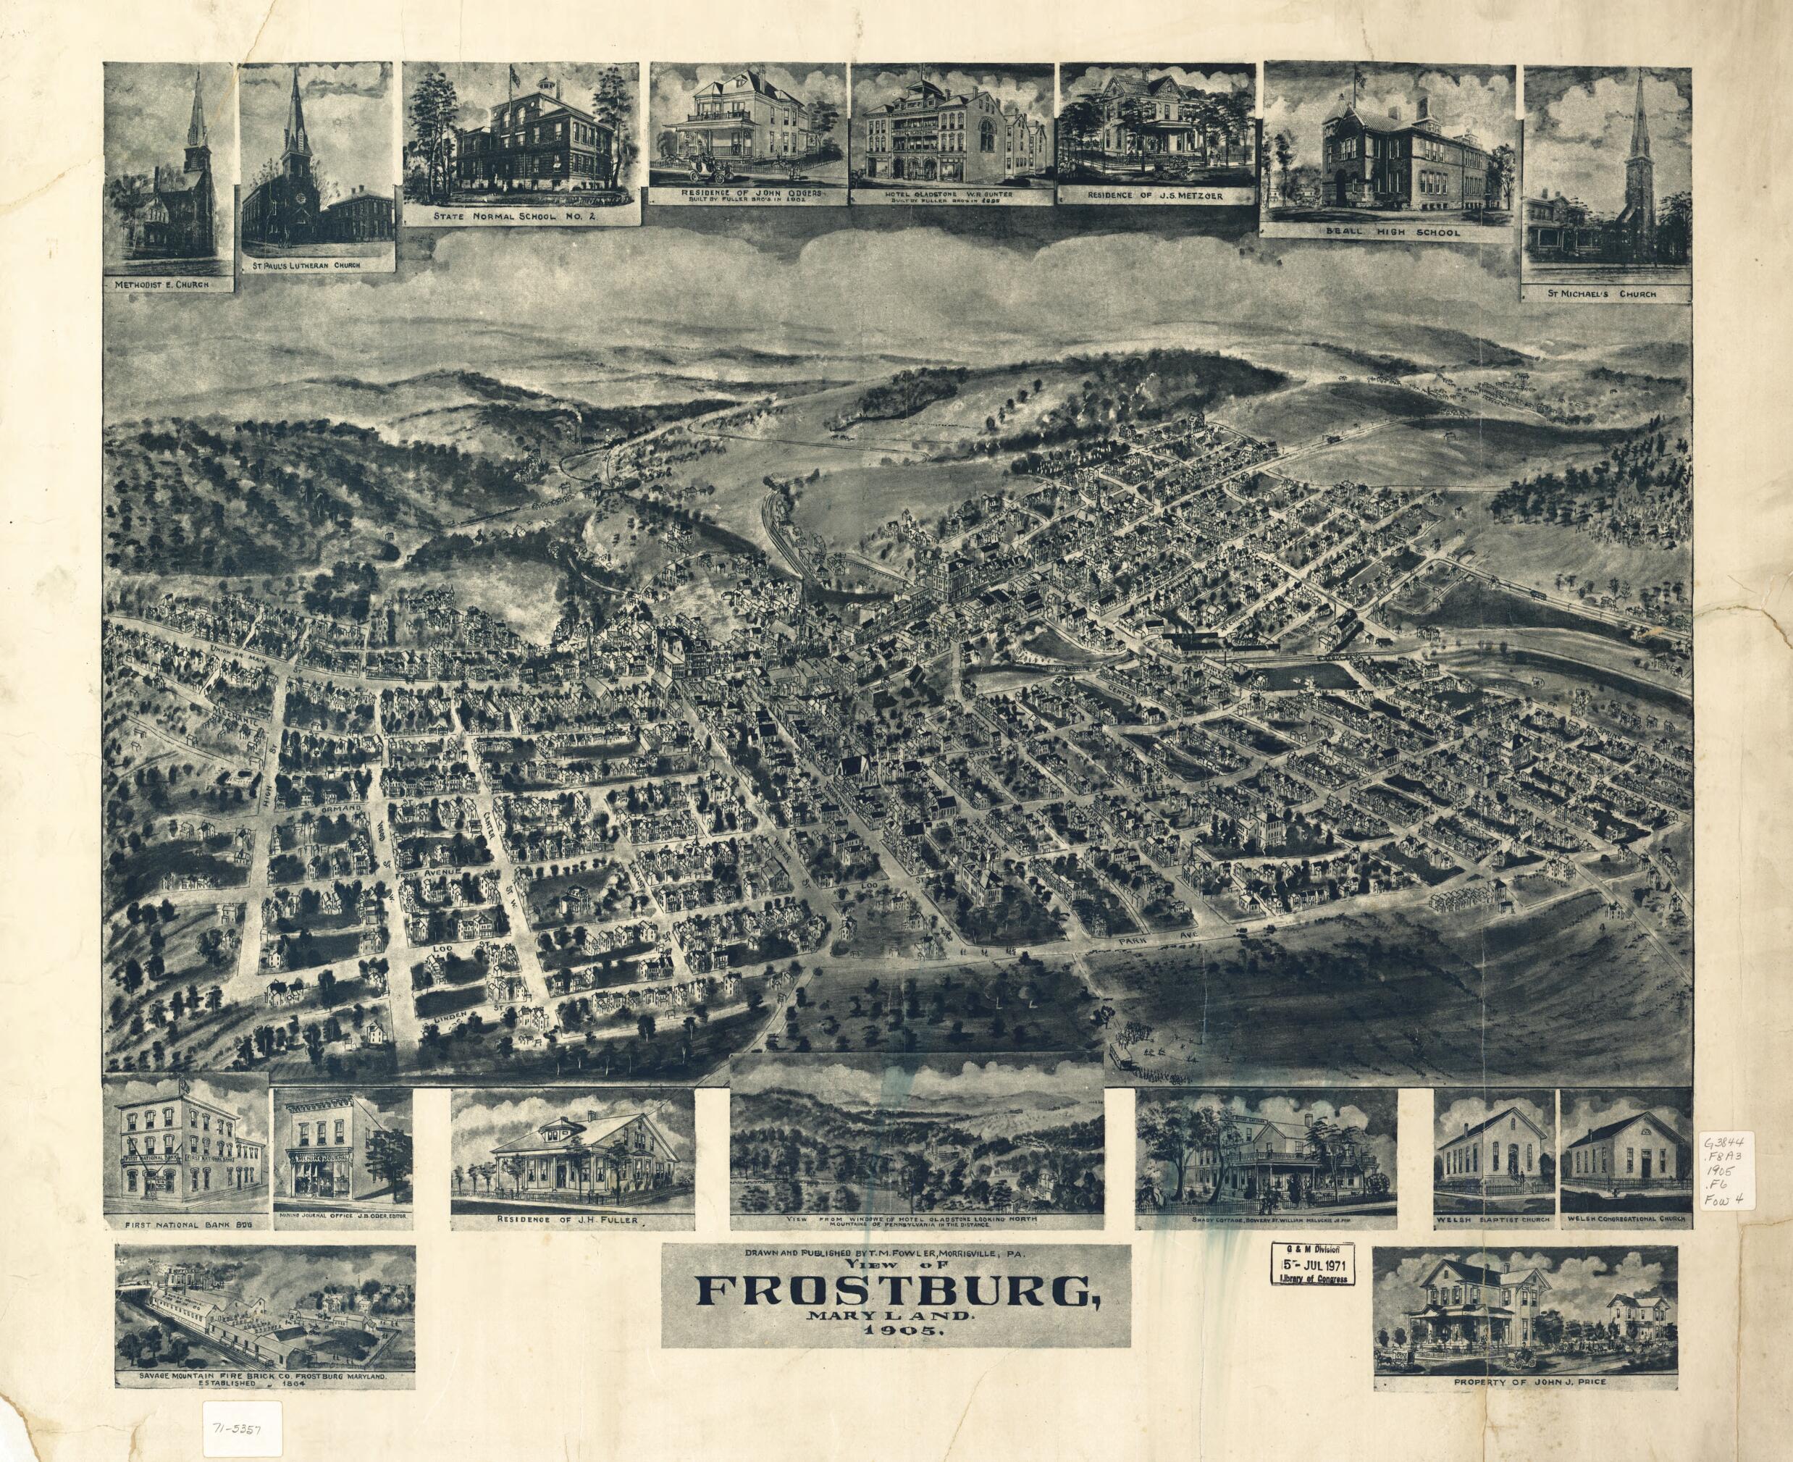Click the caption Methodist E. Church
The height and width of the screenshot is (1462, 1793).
point(167,285)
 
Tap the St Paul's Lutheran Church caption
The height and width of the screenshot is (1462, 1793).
point(319,264)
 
